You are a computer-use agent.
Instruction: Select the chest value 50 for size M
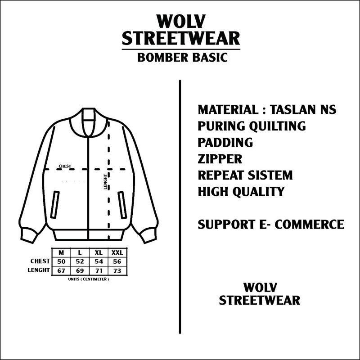pyautogui.click(x=61, y=261)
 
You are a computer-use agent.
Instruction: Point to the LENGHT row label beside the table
pyautogui.click(x=39, y=270)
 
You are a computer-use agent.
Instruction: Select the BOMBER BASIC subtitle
pyautogui.click(x=181, y=58)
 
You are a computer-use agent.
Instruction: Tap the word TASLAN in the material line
pyautogui.click(x=294, y=110)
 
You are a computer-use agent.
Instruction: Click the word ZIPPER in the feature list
pyautogui.click(x=220, y=159)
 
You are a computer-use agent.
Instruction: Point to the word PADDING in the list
pyautogui.click(x=225, y=143)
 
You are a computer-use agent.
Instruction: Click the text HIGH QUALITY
pyautogui.click(x=241, y=191)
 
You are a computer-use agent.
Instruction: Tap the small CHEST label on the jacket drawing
pyautogui.click(x=65, y=166)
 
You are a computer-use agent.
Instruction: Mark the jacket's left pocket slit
pyautogui.click(x=56, y=205)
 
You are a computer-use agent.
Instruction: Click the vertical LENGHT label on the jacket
pyautogui.click(x=105, y=181)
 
